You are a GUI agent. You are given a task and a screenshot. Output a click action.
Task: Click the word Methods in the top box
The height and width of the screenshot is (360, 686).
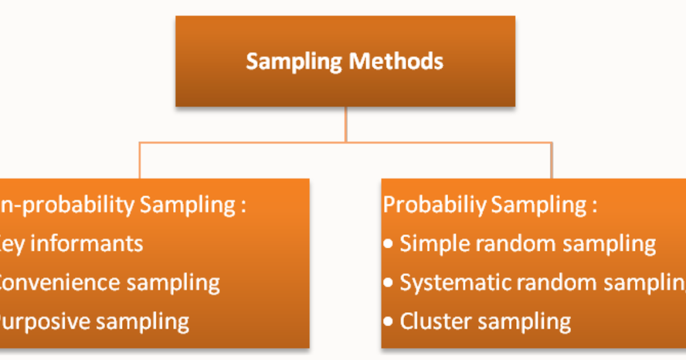[396, 61]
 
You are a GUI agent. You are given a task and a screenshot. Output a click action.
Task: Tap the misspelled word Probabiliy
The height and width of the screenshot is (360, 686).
[434, 205]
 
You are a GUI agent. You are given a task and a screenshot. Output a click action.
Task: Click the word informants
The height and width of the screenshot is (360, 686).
[95, 244]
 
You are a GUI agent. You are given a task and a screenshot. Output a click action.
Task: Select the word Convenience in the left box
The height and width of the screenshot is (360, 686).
[57, 283]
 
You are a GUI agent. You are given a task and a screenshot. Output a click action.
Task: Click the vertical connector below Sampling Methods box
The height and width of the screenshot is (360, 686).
[345, 124]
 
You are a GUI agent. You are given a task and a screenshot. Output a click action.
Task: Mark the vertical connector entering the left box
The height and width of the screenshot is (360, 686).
[139, 161]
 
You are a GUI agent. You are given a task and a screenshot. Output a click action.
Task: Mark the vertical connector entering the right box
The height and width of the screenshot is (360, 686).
[552, 161]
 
